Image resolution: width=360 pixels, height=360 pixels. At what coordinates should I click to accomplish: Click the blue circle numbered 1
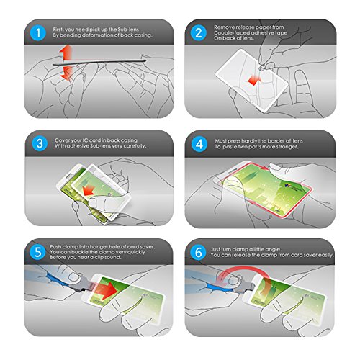38,32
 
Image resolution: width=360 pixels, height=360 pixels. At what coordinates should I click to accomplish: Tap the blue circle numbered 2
199,32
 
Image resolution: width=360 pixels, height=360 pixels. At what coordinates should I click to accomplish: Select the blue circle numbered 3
40,143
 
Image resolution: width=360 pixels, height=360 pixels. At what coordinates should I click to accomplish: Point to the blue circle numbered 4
199,144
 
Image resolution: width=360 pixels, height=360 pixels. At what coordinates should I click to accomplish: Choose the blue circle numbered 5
38,252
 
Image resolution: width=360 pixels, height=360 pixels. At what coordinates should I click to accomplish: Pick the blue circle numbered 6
198,252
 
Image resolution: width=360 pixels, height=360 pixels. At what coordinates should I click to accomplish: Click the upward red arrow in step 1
66,53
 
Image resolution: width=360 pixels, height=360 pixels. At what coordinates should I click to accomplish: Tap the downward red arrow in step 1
66,73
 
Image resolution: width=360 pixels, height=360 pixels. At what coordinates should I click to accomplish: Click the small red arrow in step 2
254,80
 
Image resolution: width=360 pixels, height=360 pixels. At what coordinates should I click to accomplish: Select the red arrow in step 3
89,190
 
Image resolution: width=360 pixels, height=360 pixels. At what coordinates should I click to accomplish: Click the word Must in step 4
220,141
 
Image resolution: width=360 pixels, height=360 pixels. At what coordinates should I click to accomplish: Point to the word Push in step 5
55,247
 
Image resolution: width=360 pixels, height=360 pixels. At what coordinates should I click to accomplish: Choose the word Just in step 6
215,249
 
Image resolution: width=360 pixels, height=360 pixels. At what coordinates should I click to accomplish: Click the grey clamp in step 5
83,284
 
